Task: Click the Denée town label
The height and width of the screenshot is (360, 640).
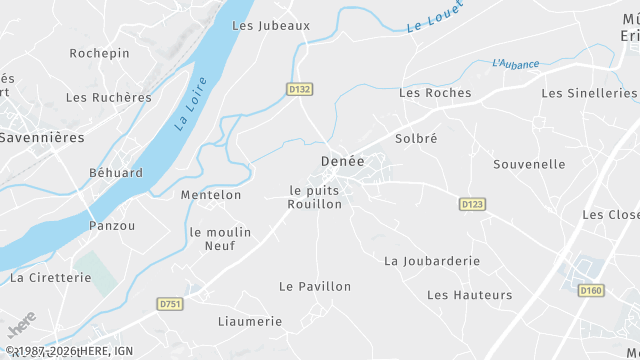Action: pyautogui.click(x=342, y=160)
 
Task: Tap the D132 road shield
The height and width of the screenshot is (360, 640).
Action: pyautogui.click(x=300, y=89)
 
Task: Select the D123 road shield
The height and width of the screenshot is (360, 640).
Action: pyautogui.click(x=473, y=204)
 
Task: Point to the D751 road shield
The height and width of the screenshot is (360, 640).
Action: pyautogui.click(x=171, y=303)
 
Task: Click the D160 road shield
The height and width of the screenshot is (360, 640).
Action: pyautogui.click(x=591, y=290)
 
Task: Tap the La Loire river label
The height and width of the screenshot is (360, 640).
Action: pyautogui.click(x=190, y=104)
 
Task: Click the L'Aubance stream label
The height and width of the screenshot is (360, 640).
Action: pyautogui.click(x=515, y=64)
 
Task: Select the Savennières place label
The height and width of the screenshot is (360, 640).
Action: pyautogui.click(x=41, y=136)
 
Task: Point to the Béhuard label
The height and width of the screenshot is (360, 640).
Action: pyautogui.click(x=114, y=173)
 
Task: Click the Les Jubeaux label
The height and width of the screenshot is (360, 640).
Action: pyautogui.click(x=271, y=25)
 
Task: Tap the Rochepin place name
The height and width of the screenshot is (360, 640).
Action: pyautogui.click(x=99, y=52)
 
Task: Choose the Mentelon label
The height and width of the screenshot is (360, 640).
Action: pyautogui.click(x=211, y=195)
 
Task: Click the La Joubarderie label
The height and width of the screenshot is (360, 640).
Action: pyautogui.click(x=432, y=261)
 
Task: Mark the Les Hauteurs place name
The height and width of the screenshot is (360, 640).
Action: pyautogui.click(x=469, y=295)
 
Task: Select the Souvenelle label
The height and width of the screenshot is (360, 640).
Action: pyautogui.click(x=529, y=164)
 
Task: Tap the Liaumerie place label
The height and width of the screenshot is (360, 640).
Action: pyautogui.click(x=250, y=321)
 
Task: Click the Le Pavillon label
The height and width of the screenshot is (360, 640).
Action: pyautogui.click(x=315, y=286)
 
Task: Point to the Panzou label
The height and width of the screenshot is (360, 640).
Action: pyautogui.click(x=112, y=226)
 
